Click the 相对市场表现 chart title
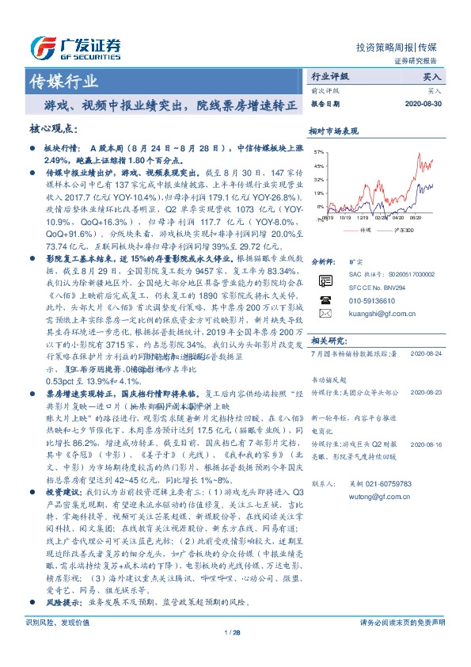[333, 131]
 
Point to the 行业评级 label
[329, 78]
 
